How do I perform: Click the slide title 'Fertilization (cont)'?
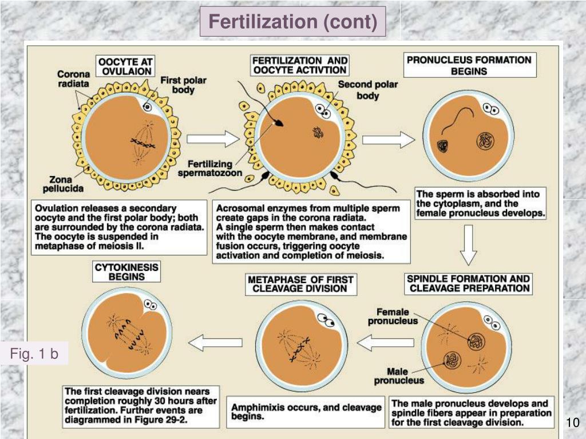coord(292,22)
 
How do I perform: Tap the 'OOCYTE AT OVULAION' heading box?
coord(126,66)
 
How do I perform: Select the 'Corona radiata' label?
coord(73,79)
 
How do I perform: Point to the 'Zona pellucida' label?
coord(62,183)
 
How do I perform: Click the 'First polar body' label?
coord(183,85)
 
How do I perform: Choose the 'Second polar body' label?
coord(367,90)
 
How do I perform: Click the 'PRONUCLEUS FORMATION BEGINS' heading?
coord(469,65)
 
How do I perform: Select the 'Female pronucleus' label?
coord(393,316)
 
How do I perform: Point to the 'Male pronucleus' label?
coord(399,376)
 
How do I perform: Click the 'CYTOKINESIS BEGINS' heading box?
coord(127,272)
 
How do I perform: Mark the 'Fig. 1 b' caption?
coord(34,354)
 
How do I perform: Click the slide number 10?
coord(572,423)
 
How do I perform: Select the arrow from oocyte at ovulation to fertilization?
coord(212,138)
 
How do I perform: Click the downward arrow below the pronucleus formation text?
coord(469,248)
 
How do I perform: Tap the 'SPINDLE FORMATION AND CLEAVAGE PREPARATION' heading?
coord(468,284)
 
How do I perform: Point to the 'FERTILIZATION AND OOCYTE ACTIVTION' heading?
coord(300,65)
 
